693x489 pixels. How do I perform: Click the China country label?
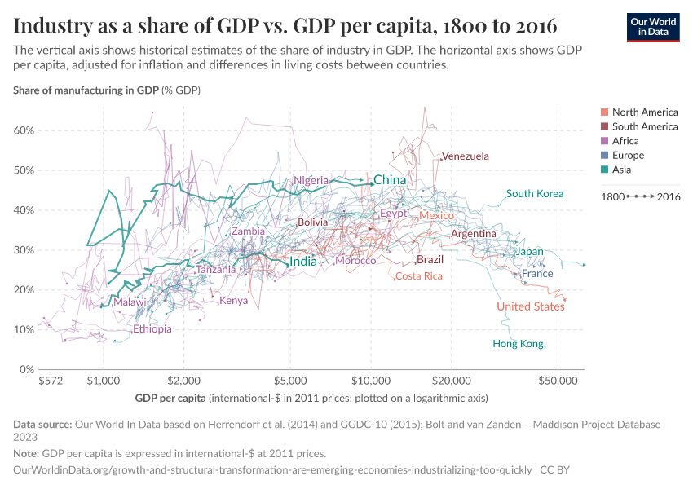[x=389, y=180]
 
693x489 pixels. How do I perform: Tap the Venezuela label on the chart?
[x=465, y=156]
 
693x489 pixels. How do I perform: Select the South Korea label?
[x=535, y=194]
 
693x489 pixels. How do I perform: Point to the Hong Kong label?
[x=518, y=344]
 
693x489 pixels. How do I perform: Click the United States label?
[x=531, y=306]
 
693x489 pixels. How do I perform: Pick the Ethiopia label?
[x=152, y=329]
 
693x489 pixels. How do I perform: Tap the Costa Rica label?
[x=419, y=276]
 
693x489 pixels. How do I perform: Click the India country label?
[x=303, y=262]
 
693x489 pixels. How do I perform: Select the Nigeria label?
[x=311, y=180]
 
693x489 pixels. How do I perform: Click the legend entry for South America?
[x=644, y=126]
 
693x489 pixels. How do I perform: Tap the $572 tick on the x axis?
[x=51, y=381]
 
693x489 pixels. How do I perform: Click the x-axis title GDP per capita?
[x=170, y=399]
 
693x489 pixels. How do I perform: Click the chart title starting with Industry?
[x=285, y=26]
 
